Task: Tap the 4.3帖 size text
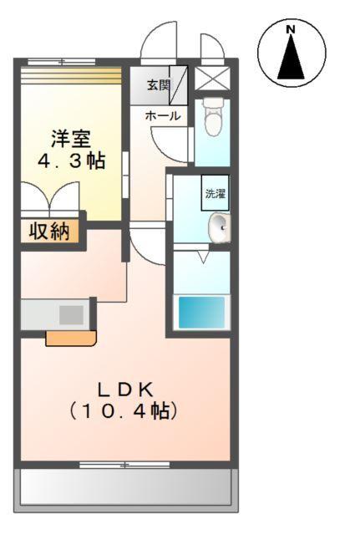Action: pyautogui.click(x=71, y=160)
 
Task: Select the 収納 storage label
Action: pyautogui.click(x=50, y=231)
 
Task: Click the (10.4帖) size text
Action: pyautogui.click(x=125, y=411)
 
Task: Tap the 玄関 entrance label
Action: pyautogui.click(x=158, y=84)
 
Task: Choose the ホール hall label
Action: pyautogui.click(x=161, y=116)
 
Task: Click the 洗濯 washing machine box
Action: pyautogui.click(x=215, y=193)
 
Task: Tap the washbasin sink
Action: pyautogui.click(x=220, y=227)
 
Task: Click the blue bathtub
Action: pyautogui.click(x=200, y=313)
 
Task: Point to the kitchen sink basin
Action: pyautogui.click(x=71, y=315)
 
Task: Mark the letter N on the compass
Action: pyautogui.click(x=291, y=30)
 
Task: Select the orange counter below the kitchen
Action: pyautogui.click(x=70, y=338)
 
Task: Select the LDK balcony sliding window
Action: pyautogui.click(x=124, y=464)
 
